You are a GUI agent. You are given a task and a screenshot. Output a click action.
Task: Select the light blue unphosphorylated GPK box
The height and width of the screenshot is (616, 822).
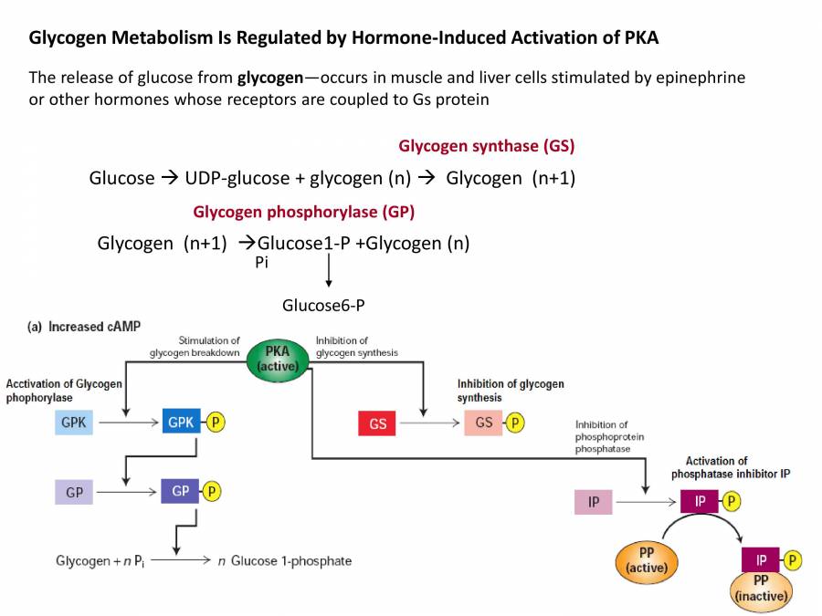coord(74,423)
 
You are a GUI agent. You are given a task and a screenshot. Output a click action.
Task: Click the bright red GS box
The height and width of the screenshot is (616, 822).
coord(377,423)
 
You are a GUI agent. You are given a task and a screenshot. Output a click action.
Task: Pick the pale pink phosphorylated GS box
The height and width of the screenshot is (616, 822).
coord(483,423)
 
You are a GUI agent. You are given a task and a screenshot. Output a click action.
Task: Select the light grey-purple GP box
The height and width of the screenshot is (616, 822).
coord(74,492)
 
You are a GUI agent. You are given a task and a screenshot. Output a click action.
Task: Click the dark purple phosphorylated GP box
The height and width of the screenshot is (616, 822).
coord(180,491)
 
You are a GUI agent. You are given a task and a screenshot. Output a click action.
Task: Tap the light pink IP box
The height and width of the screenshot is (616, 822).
coord(594,502)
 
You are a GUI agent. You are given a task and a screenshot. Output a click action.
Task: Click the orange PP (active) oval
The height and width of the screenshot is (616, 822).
coord(647,560)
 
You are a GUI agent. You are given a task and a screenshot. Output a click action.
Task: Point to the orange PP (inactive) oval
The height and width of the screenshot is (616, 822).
coord(761,588)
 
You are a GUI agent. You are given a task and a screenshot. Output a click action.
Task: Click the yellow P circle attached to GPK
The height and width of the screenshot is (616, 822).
coord(216,423)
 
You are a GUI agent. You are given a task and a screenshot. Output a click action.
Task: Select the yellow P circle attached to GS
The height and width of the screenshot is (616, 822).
coord(516,423)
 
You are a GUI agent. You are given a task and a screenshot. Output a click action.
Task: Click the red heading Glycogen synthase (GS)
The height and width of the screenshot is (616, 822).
coord(486,146)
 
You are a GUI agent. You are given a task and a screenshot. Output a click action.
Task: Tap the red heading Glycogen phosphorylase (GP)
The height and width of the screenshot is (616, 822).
coord(303,212)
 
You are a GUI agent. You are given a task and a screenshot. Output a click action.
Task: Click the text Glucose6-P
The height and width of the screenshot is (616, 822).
coord(323,305)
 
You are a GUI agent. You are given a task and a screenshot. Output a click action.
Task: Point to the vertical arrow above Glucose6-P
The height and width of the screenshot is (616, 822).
coord(328,270)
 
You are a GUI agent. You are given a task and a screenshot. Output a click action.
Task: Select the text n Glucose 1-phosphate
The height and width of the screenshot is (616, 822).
coord(284,560)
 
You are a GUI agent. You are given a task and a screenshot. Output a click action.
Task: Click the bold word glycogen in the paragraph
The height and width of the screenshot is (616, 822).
coord(271,78)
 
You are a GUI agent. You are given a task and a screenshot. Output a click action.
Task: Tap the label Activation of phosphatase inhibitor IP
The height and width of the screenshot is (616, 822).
coord(716,467)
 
